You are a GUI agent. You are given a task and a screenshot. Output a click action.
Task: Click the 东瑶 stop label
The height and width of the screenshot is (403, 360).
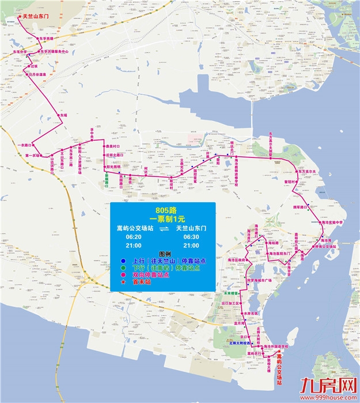click(64, 115)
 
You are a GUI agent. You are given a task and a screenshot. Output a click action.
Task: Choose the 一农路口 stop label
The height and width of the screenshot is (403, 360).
click(25, 145)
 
